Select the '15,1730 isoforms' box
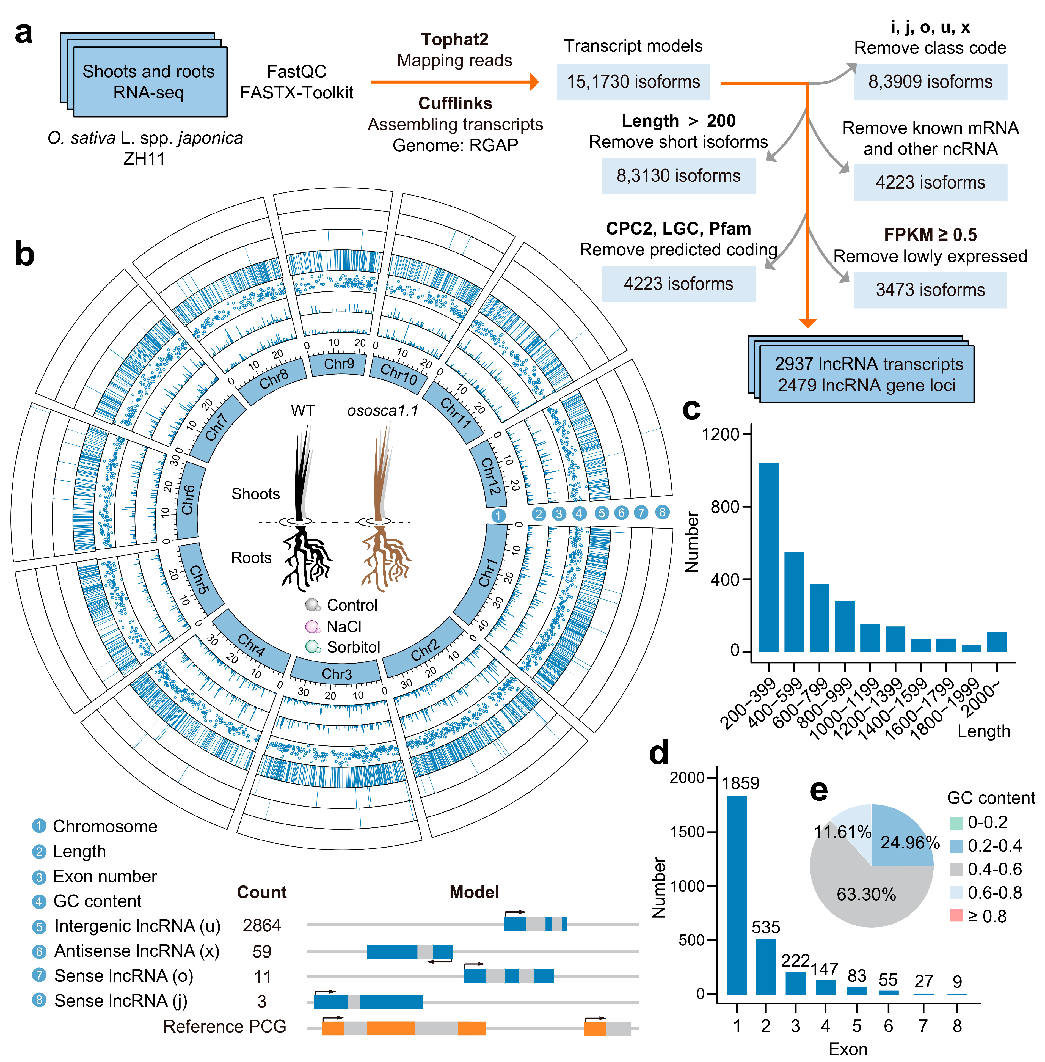pyautogui.click(x=633, y=82)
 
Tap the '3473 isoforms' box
pyautogui.click(x=930, y=290)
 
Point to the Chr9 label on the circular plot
pyautogui.click(x=339, y=364)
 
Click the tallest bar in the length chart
pyautogui.click(x=768, y=557)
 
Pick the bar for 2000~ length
pyautogui.click(x=997, y=642)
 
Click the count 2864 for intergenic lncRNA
pyautogui.click(x=262, y=926)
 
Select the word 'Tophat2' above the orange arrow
pyautogui.click(x=454, y=40)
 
